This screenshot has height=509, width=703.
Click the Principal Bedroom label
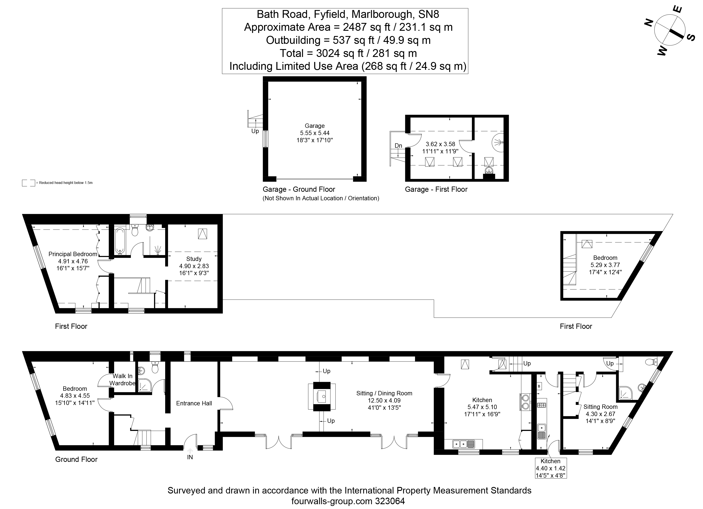73,254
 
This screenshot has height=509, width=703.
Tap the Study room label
194,259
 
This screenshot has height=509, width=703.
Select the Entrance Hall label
194,403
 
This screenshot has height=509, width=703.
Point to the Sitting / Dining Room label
384,393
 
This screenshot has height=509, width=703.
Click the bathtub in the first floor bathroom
120,241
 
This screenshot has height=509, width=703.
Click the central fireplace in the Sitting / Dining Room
322,396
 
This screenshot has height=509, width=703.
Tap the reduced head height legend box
29,183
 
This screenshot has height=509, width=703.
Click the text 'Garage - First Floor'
436,189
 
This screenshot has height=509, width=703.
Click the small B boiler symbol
539,386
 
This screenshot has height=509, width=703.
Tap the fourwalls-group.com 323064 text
348,501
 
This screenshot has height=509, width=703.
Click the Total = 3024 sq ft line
348,53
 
